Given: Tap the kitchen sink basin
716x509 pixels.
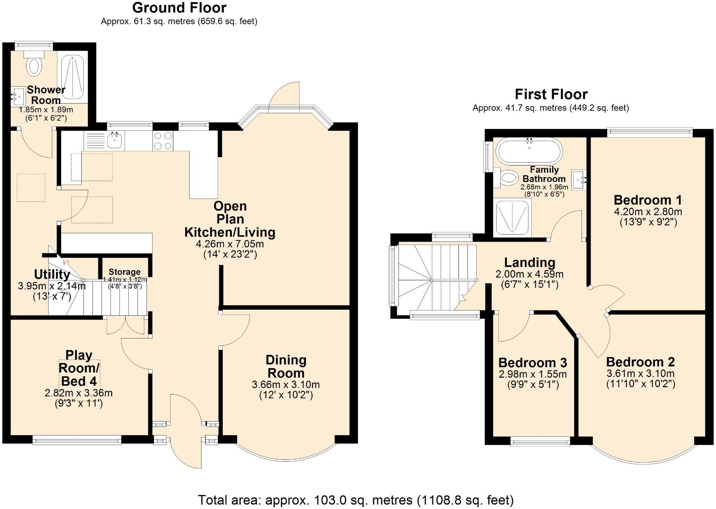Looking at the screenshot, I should pyautogui.click(x=114, y=141).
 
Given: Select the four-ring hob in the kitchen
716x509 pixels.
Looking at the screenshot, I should pyautogui.click(x=163, y=141).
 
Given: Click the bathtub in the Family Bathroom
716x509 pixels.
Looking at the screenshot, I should pyautogui.click(x=529, y=151).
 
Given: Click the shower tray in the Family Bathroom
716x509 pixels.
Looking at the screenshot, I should pyautogui.click(x=512, y=217).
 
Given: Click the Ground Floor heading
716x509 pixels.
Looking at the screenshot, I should pyautogui.click(x=179, y=8).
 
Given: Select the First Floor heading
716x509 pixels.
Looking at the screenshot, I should pyautogui.click(x=551, y=94).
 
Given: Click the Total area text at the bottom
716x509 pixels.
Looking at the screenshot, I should pyautogui.click(x=355, y=500).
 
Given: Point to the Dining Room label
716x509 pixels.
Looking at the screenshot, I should pyautogui.click(x=286, y=366).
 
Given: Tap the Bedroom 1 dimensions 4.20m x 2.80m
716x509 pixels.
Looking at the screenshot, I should pyautogui.click(x=648, y=212).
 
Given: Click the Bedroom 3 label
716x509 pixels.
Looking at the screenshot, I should pyautogui.click(x=532, y=363).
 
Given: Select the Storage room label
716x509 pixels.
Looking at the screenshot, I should pyautogui.click(x=125, y=272).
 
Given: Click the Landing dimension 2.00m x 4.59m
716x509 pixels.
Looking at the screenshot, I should pyautogui.click(x=529, y=274).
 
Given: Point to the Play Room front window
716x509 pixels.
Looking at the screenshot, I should pyautogui.click(x=77, y=439).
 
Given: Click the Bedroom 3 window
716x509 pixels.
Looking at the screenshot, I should pyautogui.click(x=540, y=441).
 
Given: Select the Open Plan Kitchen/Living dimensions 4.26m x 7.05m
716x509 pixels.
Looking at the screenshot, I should pyautogui.click(x=230, y=244).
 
